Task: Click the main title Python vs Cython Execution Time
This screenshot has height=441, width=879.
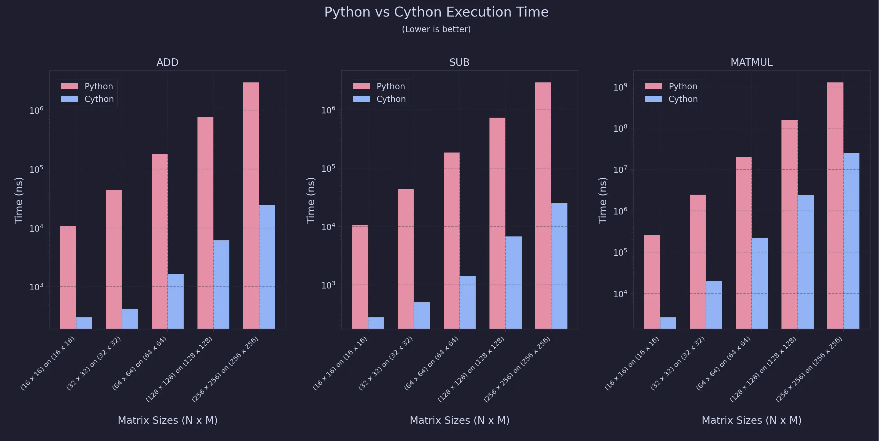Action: point(436,12)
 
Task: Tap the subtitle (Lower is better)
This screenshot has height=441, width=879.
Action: point(436,29)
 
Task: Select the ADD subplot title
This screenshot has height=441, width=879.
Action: point(167,62)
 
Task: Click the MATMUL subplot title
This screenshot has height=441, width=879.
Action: point(751,62)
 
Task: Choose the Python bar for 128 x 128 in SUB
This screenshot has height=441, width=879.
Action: point(497,223)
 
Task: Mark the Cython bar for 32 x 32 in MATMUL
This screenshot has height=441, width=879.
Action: point(714,304)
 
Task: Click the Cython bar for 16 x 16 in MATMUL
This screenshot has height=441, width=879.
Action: point(668,323)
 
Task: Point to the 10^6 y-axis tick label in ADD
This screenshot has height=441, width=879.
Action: point(36,110)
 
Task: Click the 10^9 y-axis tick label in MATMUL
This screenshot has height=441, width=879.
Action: point(620,87)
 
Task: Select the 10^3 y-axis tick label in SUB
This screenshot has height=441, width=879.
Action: point(328,285)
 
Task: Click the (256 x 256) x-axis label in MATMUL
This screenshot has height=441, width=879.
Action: point(809,369)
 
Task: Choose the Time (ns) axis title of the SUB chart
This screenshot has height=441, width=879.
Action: point(311,200)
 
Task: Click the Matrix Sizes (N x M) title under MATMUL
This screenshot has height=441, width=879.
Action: point(751,420)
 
